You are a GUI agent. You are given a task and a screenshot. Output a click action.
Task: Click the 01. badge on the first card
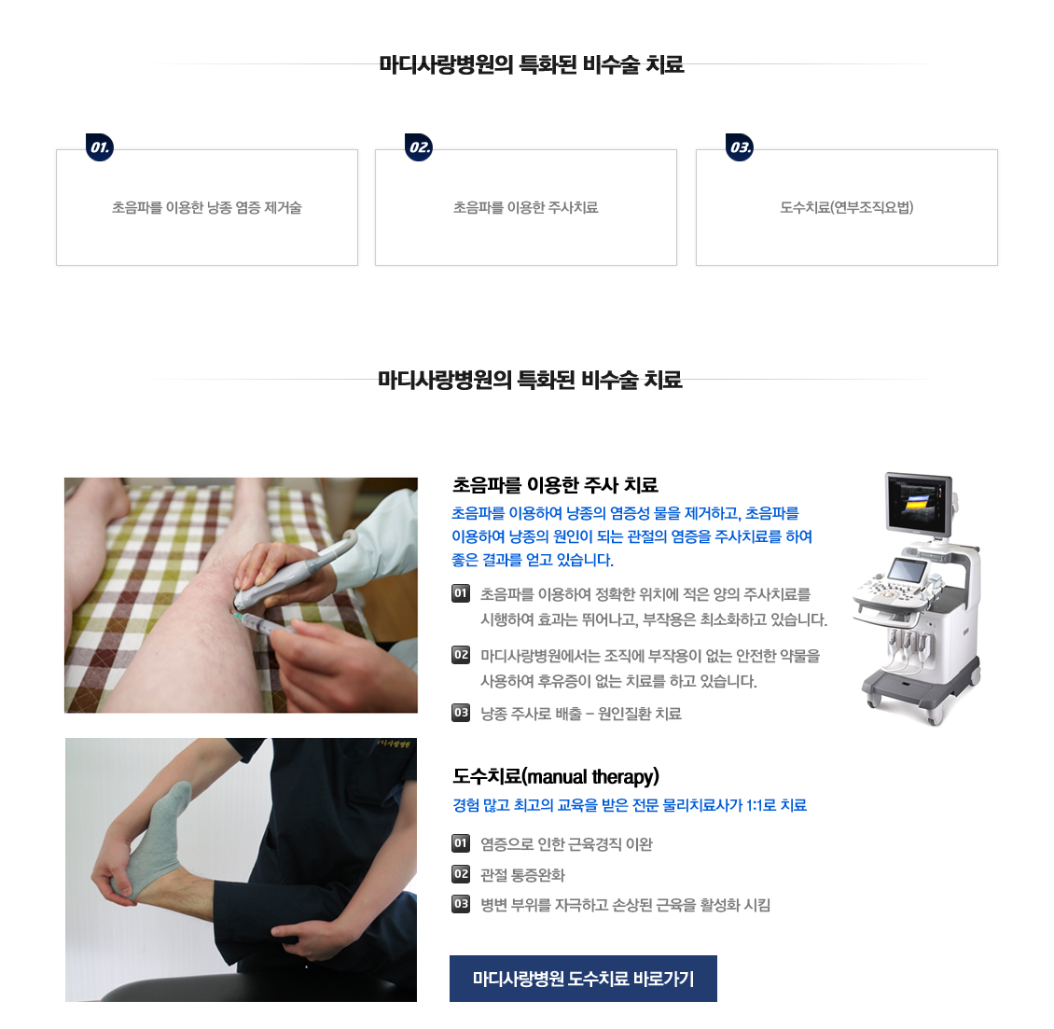[x=100, y=147]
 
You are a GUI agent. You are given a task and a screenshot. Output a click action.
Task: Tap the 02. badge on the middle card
[x=419, y=147]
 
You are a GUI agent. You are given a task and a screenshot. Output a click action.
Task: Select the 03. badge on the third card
[x=740, y=147]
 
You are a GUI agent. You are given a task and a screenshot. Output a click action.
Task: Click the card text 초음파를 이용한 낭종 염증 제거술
[x=207, y=208]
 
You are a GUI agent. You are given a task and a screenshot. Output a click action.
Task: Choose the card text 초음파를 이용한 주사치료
[x=526, y=208]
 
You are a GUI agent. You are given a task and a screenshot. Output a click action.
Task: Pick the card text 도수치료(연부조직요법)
[x=846, y=208]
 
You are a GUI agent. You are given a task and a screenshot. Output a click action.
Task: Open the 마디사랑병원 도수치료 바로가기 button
[x=584, y=979]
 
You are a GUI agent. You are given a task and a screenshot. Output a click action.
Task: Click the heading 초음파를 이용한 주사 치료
[x=555, y=485]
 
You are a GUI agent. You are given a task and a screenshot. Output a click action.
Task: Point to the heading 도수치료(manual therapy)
[x=556, y=777]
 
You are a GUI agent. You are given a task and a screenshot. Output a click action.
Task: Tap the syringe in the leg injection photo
[x=264, y=626]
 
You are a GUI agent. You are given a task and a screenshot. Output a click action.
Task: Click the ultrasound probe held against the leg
[x=292, y=574]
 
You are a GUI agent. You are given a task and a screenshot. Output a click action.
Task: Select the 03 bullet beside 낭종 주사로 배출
[x=461, y=713]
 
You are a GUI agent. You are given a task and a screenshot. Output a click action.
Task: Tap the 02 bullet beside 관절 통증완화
[x=461, y=874]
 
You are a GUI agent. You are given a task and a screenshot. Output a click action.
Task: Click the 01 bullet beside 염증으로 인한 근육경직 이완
[x=461, y=842]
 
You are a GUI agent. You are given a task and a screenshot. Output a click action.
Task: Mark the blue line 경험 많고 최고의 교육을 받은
[x=630, y=805]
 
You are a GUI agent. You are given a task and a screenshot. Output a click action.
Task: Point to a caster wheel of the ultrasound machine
[x=935, y=716]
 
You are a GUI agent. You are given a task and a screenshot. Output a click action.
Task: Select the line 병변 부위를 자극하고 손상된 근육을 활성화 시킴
[x=625, y=905]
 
